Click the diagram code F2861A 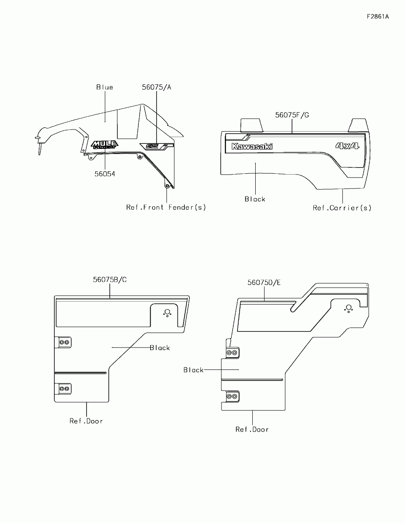tap(378, 17)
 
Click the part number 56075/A tap(157, 87)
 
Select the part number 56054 tap(105, 174)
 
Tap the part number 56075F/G tap(292, 115)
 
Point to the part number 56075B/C tap(110, 279)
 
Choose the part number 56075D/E tap(264, 282)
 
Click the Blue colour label tap(105, 87)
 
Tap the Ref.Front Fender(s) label tap(166, 207)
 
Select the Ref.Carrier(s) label tap(342, 208)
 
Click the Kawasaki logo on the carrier tap(252, 146)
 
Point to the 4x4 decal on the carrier tap(347, 146)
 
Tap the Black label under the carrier tap(255, 199)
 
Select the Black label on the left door tap(160, 348)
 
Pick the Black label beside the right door tap(194, 370)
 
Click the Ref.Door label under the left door tap(86, 421)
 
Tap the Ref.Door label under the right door tap(252, 429)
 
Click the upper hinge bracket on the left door tap(64, 342)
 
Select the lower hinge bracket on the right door tap(232, 397)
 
